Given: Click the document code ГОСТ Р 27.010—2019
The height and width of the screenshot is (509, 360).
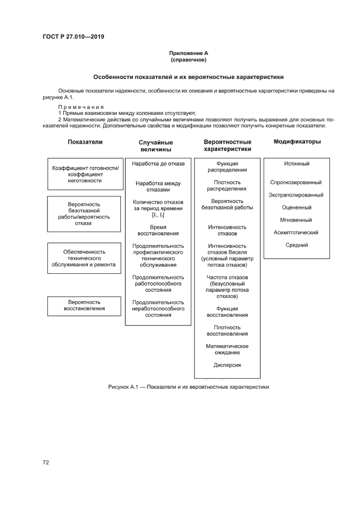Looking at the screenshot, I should [73, 37].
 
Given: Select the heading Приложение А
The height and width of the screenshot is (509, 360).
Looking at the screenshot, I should [188, 53].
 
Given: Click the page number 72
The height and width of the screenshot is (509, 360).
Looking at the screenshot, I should [46, 462].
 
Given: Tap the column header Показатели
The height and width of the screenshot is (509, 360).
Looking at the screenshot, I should [85, 142].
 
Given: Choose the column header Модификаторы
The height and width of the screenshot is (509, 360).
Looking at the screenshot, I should [296, 142].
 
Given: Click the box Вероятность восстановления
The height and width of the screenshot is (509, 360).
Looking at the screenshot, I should [84, 305].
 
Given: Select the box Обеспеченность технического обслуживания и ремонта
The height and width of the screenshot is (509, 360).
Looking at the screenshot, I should [84, 258].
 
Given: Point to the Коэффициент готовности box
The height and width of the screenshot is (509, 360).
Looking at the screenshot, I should [84, 174].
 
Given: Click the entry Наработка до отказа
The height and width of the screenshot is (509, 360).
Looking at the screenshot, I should [158, 163].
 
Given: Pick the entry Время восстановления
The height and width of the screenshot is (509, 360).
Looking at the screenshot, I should [158, 230].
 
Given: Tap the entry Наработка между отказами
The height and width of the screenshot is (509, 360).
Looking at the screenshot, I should [158, 186].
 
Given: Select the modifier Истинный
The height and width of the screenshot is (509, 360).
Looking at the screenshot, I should [296, 163].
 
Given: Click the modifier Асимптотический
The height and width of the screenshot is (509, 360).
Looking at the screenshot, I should [296, 232].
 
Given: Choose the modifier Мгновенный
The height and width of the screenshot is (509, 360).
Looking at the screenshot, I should [296, 220].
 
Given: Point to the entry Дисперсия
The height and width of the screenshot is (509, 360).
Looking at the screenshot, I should [227, 365].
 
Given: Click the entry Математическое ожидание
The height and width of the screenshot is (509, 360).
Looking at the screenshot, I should [227, 349].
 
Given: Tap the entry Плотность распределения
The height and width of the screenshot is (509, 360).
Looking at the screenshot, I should [227, 185].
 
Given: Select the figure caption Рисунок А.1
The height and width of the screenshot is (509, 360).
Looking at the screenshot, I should [188, 387].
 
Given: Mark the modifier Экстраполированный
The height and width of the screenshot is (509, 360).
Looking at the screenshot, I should [296, 195].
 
